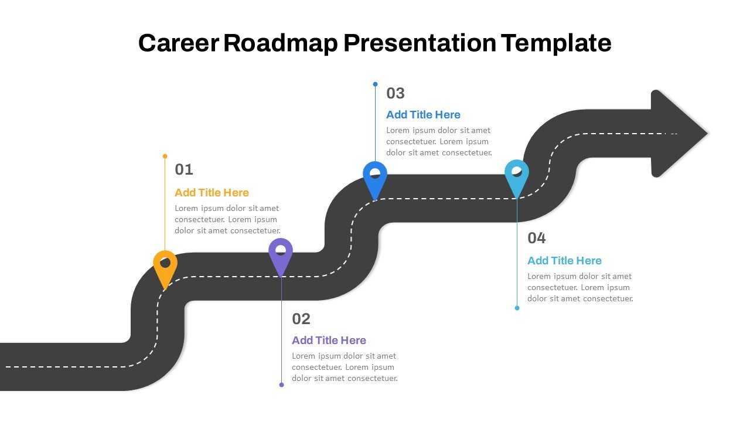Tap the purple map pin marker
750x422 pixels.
pyautogui.click(x=281, y=253)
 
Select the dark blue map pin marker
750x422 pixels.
pyautogui.click(x=375, y=176)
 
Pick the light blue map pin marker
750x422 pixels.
pyautogui.click(x=517, y=175)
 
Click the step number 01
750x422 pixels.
pyautogui.click(x=184, y=170)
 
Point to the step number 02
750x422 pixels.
pyautogui.click(x=301, y=319)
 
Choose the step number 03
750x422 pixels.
pyautogui.click(x=396, y=93)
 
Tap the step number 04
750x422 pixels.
pyautogui.click(x=537, y=238)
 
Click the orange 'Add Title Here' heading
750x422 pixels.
pyautogui.click(x=212, y=193)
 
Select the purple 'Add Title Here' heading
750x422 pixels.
pyautogui.click(x=329, y=341)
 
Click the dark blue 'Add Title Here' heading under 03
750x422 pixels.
pyautogui.click(x=423, y=115)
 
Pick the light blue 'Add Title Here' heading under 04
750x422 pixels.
pyautogui.click(x=564, y=261)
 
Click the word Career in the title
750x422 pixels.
pyautogui.click(x=178, y=43)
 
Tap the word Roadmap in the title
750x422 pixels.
pyautogui.click(x=281, y=43)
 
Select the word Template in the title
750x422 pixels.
pyautogui.click(x=556, y=43)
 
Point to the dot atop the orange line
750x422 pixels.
pyautogui.click(x=165, y=156)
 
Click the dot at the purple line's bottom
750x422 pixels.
pyautogui.click(x=281, y=385)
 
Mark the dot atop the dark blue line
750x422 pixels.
pyautogui.click(x=376, y=84)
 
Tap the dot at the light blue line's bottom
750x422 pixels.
pyautogui.click(x=517, y=308)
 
